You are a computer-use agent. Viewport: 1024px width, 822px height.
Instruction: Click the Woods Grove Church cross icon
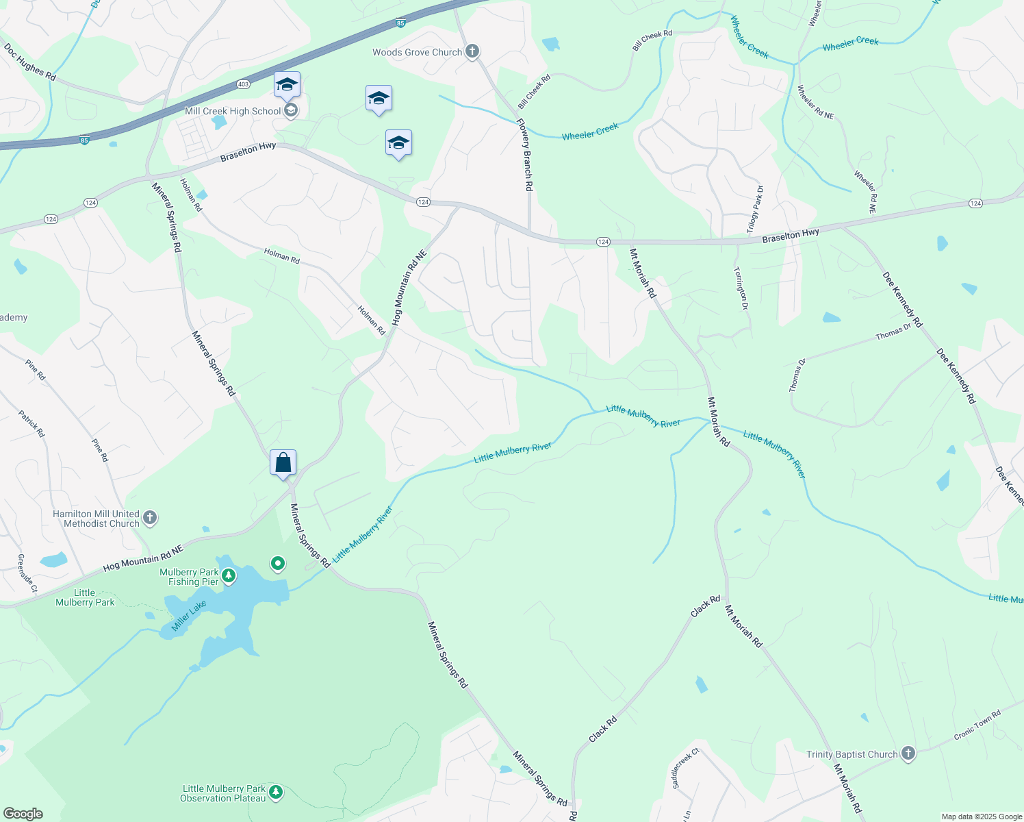tap(472, 51)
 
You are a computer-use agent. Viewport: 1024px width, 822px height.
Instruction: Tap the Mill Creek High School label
tap(233, 111)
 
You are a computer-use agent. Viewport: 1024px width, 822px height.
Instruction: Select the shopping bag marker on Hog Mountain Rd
tap(283, 463)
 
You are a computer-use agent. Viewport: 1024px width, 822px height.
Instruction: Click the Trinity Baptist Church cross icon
tap(908, 754)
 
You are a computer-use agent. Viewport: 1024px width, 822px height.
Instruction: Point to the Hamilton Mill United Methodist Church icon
tap(150, 518)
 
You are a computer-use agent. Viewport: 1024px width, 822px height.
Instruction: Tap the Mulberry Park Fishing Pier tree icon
tap(229, 576)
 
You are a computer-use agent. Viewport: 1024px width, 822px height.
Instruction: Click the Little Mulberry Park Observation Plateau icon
tap(276, 793)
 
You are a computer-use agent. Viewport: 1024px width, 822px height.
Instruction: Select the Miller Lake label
tap(189, 615)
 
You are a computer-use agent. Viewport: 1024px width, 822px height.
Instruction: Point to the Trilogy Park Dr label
tap(755, 208)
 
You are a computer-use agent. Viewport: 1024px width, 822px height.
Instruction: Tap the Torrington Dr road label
tap(741, 288)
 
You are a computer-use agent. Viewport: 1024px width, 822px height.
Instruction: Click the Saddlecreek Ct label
tap(685, 767)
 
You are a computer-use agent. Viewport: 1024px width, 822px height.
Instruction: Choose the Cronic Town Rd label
tap(977, 725)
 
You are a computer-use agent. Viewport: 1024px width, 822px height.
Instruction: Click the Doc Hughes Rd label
tap(30, 62)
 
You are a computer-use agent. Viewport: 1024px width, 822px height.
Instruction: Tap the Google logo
tap(23, 814)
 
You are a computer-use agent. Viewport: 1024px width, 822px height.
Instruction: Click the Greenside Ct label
tap(27, 573)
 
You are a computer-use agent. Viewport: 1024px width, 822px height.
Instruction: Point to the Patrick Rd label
tap(31, 423)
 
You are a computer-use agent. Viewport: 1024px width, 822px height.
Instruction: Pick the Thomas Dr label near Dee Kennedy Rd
tap(893, 332)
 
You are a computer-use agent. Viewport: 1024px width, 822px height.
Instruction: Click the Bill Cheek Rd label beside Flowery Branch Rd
tap(534, 92)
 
